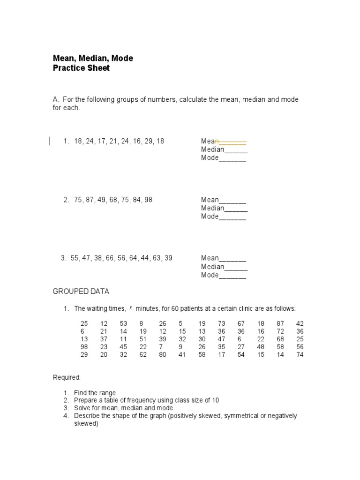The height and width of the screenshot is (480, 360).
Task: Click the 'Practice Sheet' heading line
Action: point(81,68)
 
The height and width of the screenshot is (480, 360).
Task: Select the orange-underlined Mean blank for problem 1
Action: point(232,141)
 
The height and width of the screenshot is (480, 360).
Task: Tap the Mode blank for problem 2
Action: point(232,217)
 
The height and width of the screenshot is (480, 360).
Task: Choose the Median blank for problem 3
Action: point(236,267)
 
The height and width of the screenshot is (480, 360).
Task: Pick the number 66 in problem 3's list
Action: point(110,258)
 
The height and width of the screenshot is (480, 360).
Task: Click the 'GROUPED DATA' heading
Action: point(81,292)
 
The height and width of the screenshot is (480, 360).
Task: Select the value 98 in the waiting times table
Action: point(84,346)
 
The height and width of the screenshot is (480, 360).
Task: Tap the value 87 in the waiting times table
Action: point(280,323)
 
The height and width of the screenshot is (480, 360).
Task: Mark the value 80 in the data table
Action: point(162,355)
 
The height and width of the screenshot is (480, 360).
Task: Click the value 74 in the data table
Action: point(300,355)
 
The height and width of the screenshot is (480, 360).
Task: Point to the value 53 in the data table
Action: point(123,323)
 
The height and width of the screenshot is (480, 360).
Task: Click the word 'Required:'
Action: point(67,377)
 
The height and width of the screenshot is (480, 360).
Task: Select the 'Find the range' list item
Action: point(95,393)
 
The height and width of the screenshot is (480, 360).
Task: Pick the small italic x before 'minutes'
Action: point(131,308)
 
